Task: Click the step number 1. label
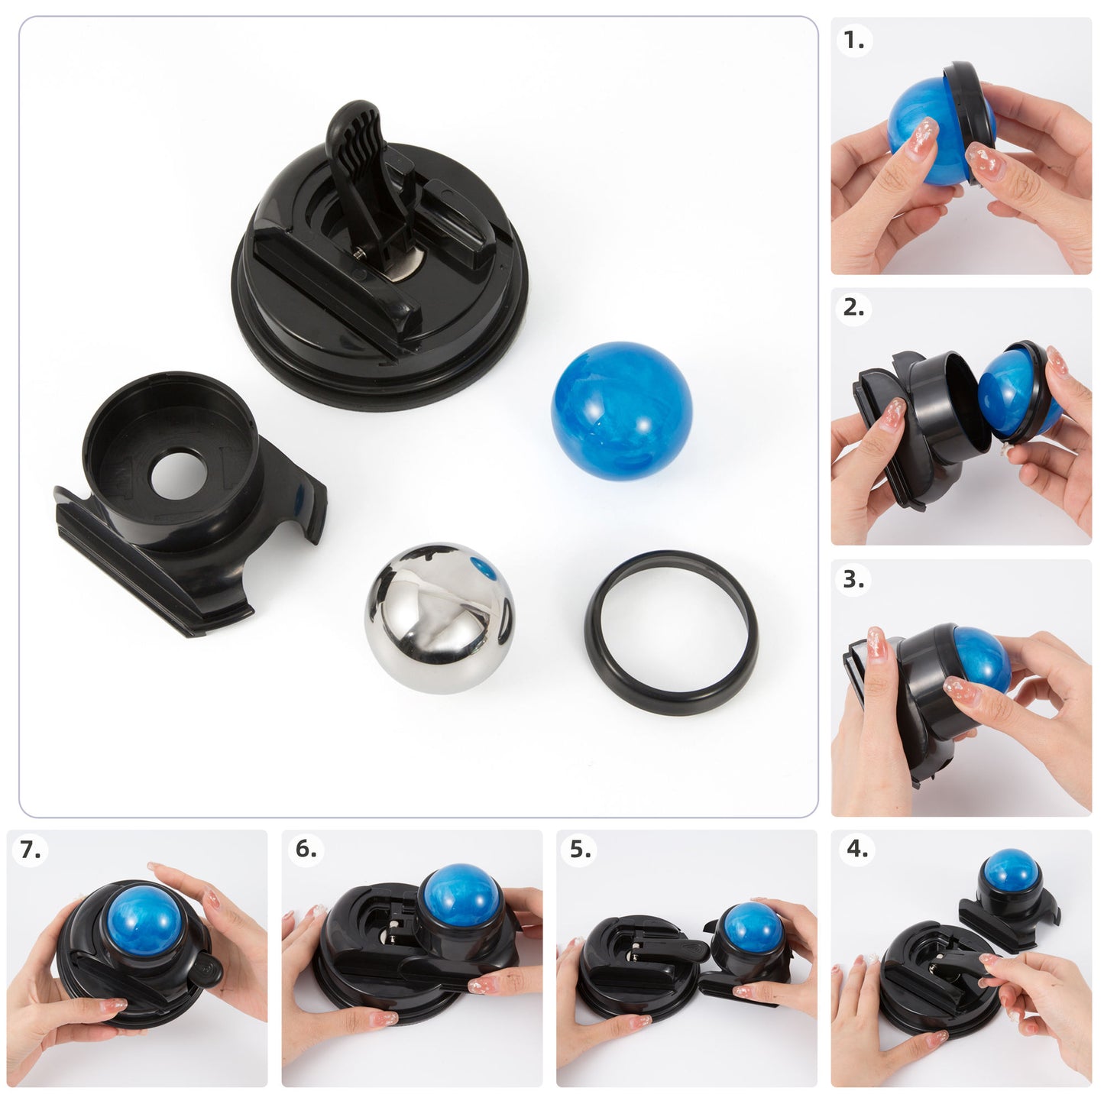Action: point(854,40)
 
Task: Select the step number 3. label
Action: point(853,580)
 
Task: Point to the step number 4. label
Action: point(857,849)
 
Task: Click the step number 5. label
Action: point(581,850)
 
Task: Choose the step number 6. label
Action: point(306,849)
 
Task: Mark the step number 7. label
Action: point(31,850)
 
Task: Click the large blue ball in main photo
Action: point(621,411)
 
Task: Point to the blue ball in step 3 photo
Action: point(981,657)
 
